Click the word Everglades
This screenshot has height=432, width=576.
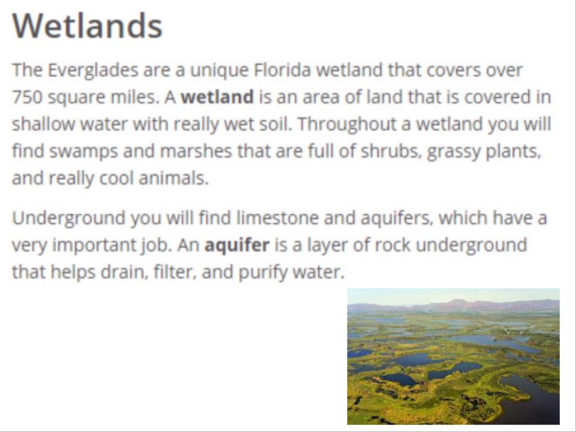pyautogui.click(x=93, y=70)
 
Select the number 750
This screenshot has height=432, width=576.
pyautogui.click(x=27, y=97)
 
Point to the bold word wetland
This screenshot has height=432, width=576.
pyautogui.click(x=218, y=97)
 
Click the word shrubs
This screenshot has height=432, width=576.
pyautogui.click(x=391, y=151)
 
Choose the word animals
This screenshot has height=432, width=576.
pyautogui.click(x=173, y=178)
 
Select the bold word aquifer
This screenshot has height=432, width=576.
pyautogui.click(x=237, y=245)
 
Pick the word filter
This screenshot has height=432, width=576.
pyautogui.click(x=173, y=272)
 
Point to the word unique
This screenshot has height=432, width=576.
pyautogui.click(x=219, y=70)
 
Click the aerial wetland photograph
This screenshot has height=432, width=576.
pyautogui.click(x=453, y=356)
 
